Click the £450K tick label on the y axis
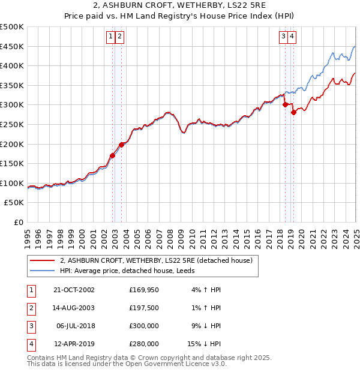[x=12, y=46]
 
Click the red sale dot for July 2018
[x=285, y=104]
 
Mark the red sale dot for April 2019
[x=293, y=112]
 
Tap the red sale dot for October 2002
[x=113, y=155]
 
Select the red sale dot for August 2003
[x=122, y=145]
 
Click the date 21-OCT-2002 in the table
[x=74, y=290]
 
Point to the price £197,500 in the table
[x=143, y=308]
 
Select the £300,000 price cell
[x=143, y=326]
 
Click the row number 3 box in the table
[x=30, y=326]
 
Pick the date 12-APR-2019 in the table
[x=74, y=344]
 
